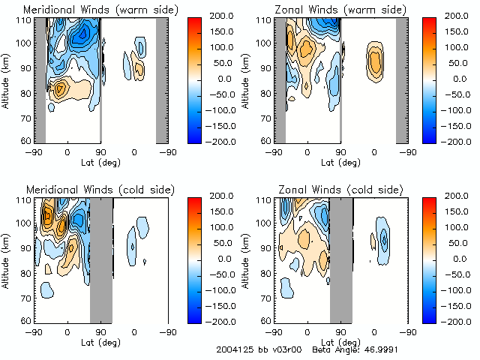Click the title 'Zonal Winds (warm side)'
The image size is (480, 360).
tap(334, 9)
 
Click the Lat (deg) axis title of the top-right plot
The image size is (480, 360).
tap(341, 162)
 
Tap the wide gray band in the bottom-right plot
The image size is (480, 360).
tap(341, 259)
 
